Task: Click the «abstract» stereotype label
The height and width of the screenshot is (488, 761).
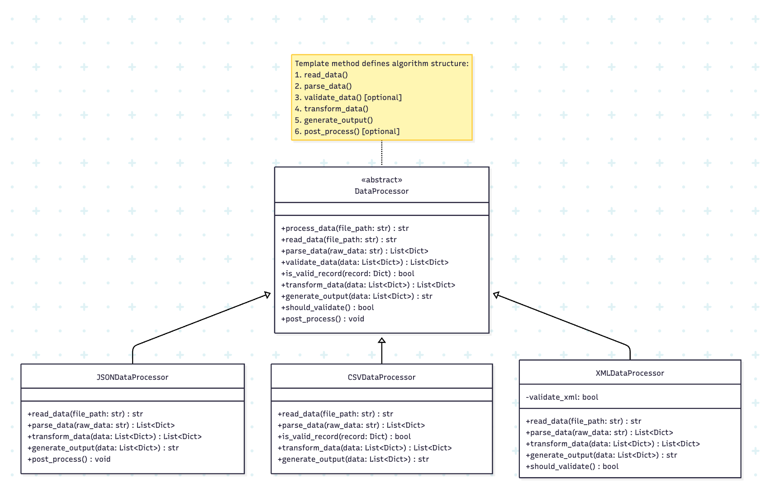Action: click(x=381, y=180)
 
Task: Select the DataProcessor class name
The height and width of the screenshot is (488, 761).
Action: click(x=381, y=191)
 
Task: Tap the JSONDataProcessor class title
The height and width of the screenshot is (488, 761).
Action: click(x=132, y=377)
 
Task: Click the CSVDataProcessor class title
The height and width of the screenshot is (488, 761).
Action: click(x=381, y=377)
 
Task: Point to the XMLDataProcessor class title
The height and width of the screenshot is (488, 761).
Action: click(x=630, y=373)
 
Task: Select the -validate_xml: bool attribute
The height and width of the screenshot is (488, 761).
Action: click(x=562, y=397)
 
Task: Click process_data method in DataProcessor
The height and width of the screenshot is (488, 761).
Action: click(x=345, y=228)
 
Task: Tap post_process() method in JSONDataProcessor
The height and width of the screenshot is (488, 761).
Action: click(x=69, y=459)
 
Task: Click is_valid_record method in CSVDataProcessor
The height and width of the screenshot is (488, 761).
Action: click(x=344, y=436)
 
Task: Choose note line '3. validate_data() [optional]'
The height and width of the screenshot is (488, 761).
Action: click(x=348, y=97)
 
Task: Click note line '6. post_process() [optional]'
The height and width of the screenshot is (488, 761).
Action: click(x=347, y=131)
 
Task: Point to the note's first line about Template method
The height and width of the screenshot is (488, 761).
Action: click(x=381, y=63)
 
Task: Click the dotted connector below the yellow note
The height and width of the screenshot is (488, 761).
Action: click(x=382, y=153)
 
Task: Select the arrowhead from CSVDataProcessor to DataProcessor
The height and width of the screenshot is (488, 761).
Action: click(x=382, y=340)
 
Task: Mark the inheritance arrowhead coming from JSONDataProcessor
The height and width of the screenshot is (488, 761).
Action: click(x=267, y=295)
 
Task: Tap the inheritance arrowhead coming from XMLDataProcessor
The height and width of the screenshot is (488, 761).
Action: click(x=496, y=295)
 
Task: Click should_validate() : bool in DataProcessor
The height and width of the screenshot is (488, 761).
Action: click(x=328, y=307)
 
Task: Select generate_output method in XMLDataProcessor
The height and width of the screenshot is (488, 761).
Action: click(x=601, y=455)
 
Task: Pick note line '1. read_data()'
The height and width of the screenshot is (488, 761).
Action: click(x=321, y=75)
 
